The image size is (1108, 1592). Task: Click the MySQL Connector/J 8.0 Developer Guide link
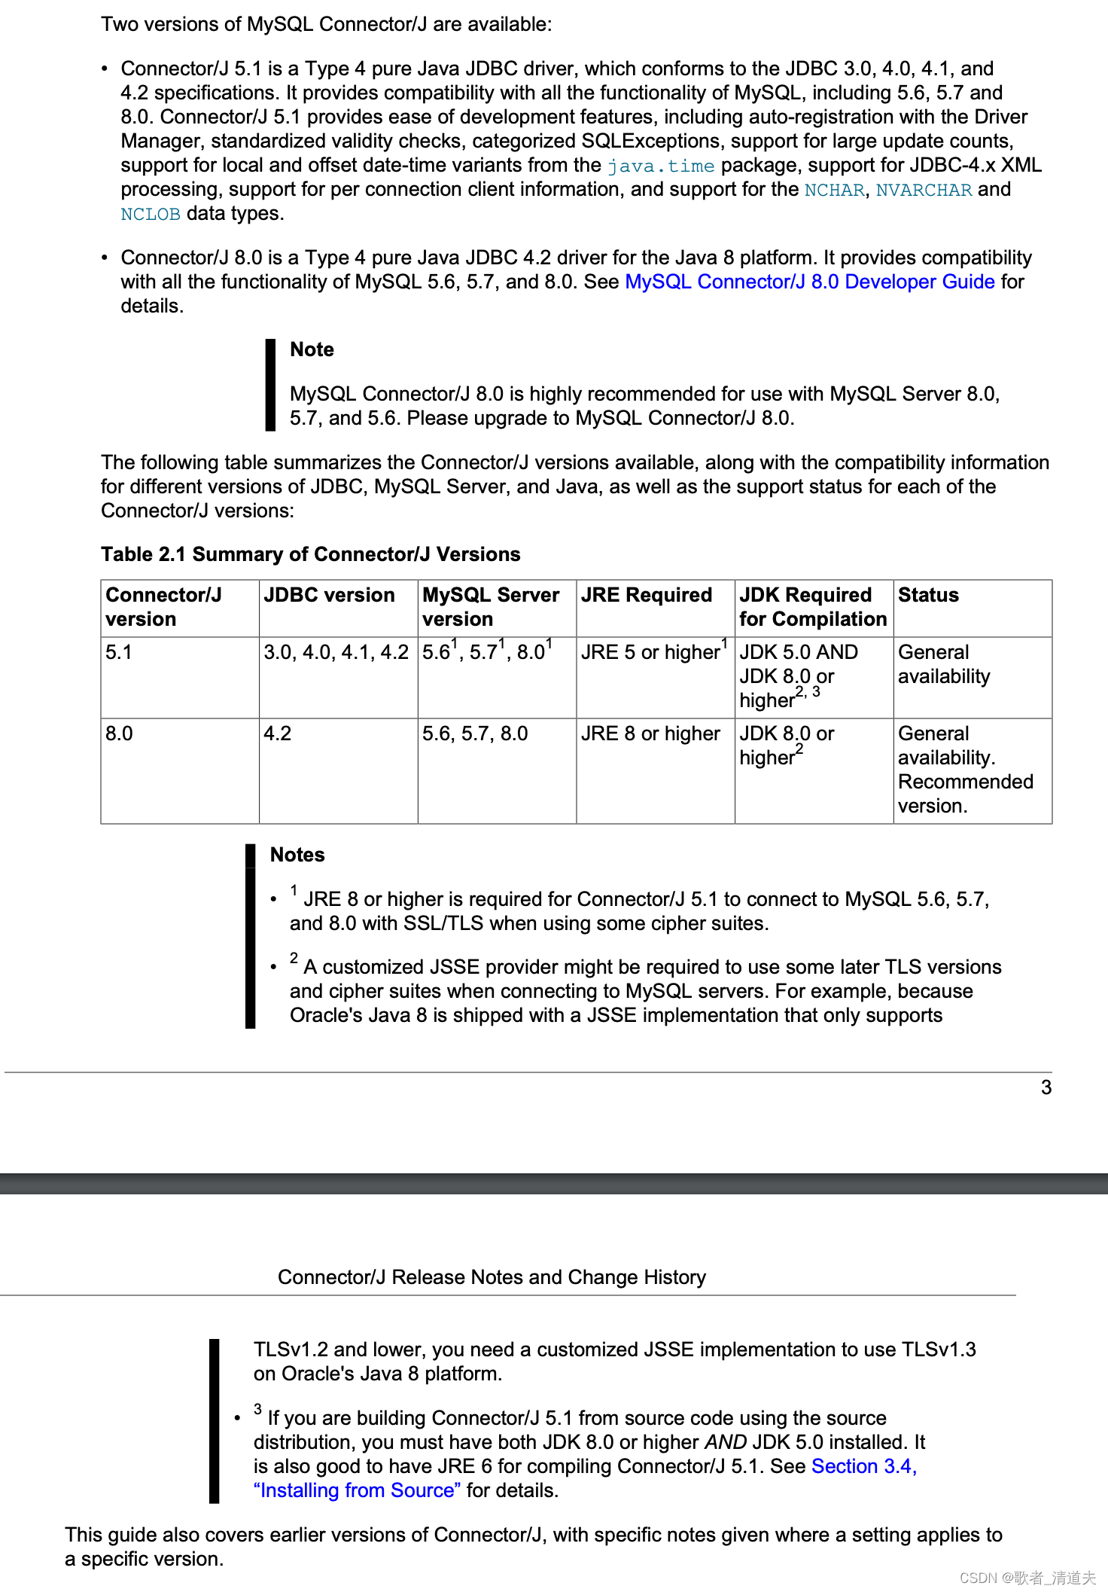(x=810, y=282)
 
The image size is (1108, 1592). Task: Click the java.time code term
(x=660, y=166)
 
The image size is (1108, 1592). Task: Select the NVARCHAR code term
(x=924, y=190)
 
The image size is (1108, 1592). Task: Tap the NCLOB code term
(x=151, y=214)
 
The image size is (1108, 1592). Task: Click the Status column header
(x=928, y=595)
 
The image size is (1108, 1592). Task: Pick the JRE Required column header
(x=646, y=595)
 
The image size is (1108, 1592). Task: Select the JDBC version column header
(x=329, y=595)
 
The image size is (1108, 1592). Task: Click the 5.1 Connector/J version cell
(x=119, y=652)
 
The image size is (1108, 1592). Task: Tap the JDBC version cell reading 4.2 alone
(x=277, y=733)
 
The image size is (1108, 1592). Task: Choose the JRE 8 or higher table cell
(x=650, y=733)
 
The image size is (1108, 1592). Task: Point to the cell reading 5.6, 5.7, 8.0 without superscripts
(x=475, y=733)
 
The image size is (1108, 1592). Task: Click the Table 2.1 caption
(x=310, y=554)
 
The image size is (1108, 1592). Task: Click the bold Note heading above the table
(x=312, y=349)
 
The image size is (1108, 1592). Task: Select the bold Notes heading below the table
(x=297, y=855)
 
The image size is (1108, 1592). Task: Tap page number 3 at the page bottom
(x=1046, y=1087)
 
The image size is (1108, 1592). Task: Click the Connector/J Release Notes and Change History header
(x=492, y=1277)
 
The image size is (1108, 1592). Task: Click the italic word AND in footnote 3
(x=726, y=1442)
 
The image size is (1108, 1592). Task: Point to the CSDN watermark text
(x=1027, y=1578)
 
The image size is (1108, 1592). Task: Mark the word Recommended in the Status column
(x=965, y=782)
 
